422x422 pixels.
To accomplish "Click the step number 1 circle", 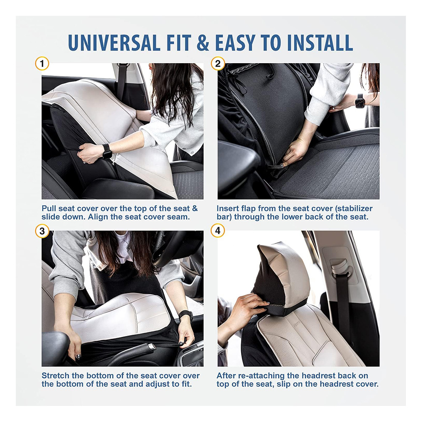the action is [42, 64].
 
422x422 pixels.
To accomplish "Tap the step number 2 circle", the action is [218, 64].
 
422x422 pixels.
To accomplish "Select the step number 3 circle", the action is [42, 231].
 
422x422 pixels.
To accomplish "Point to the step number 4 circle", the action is [218, 231].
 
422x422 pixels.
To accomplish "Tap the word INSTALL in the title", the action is [320, 43].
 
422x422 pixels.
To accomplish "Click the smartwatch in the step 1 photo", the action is [107, 151].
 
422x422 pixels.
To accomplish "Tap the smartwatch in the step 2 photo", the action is [360, 101].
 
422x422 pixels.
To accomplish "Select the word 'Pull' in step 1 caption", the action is [49, 208].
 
